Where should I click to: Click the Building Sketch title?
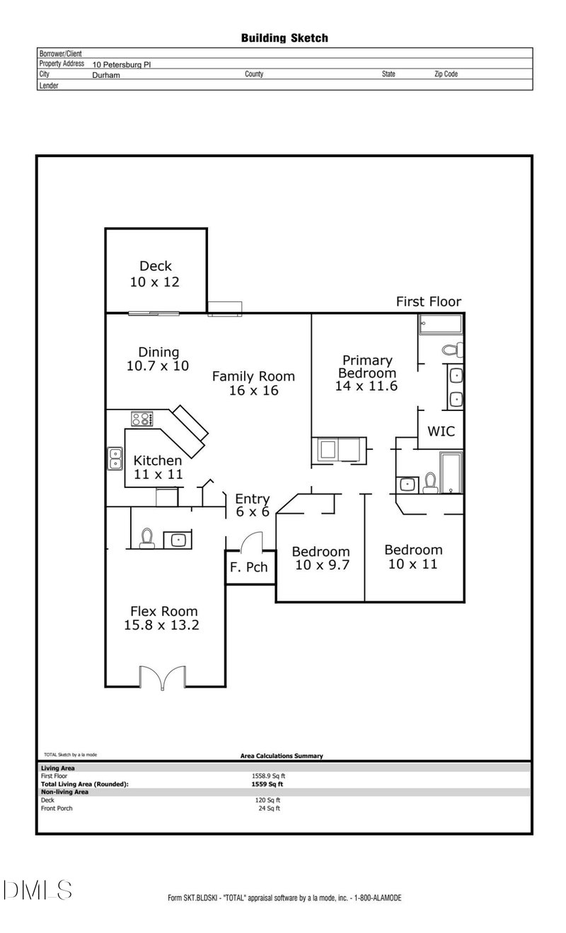coord(284,38)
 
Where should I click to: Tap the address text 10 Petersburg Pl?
coord(122,64)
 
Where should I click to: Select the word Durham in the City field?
coord(106,74)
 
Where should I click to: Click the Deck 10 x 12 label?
coord(155,274)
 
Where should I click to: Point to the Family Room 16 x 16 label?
coord(253,383)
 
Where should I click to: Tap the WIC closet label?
coord(441,431)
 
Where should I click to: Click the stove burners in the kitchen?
coord(141,419)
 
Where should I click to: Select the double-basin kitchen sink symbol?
coord(115,458)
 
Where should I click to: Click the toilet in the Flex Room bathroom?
coord(147,538)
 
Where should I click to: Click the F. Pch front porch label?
coord(243,567)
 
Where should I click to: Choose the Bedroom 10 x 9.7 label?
coord(320,558)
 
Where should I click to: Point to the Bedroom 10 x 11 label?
coord(413,557)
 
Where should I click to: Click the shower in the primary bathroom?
coord(440,325)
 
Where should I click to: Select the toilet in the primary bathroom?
coord(452,349)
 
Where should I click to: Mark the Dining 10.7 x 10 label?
coord(158,359)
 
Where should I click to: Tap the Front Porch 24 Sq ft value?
coord(269,808)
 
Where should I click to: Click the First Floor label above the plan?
coord(428,302)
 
